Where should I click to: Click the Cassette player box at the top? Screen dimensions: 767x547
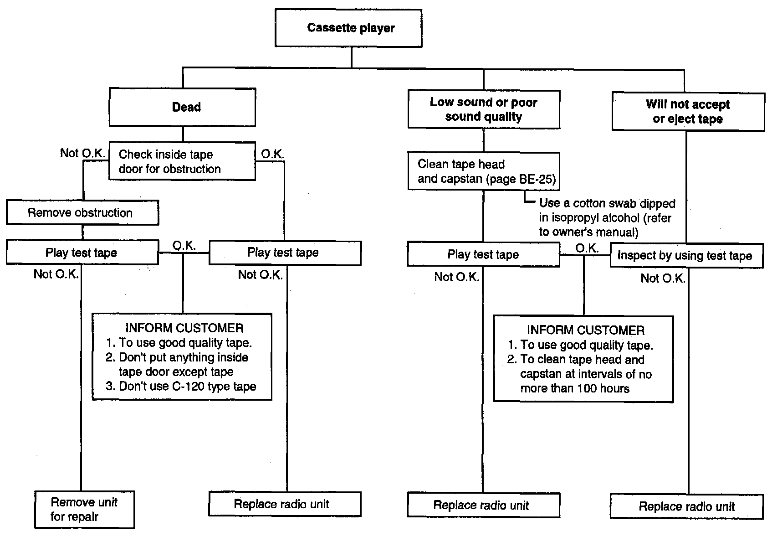348,28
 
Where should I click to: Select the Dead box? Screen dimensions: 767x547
183,107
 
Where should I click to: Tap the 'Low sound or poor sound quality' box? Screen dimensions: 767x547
484,109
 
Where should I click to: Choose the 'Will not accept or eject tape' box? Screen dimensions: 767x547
688,111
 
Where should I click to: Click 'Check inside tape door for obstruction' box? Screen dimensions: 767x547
182,161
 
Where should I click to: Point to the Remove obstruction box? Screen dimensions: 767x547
82,212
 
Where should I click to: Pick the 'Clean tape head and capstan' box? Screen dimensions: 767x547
484,171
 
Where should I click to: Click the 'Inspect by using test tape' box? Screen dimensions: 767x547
686,256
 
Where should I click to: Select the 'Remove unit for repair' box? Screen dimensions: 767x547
85,509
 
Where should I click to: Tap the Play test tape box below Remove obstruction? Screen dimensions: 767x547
82,252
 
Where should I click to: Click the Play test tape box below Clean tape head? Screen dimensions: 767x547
484,254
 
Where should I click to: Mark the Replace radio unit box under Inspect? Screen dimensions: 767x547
687,506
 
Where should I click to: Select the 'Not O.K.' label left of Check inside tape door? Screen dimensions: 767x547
82,153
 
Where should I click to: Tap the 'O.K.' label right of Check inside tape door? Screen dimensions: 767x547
272,154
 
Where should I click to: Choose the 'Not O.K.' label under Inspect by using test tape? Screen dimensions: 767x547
663,278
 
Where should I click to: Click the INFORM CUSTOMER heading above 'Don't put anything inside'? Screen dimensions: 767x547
184,328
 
